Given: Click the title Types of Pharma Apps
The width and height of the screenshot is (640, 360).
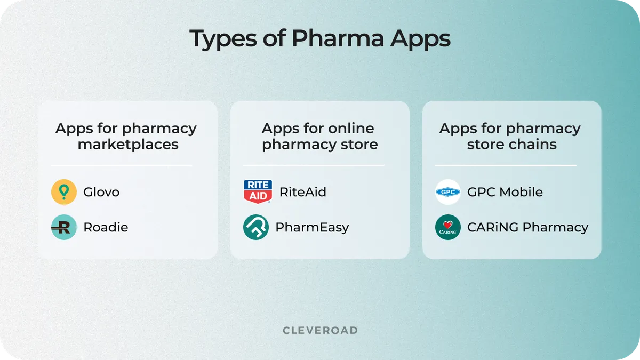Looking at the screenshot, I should click(320, 39).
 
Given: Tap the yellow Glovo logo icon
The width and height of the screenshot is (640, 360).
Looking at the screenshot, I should click(64, 192).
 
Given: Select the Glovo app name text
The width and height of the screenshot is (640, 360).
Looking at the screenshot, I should click(101, 192).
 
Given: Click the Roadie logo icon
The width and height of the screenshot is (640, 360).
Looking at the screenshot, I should click(64, 227).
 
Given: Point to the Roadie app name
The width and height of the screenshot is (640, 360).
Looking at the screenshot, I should click(106, 227).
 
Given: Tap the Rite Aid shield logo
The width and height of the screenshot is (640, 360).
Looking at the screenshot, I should click(258, 192).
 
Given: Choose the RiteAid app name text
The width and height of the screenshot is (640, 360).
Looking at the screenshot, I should click(302, 192).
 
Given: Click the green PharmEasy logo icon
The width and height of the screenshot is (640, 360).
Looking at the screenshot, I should click(256, 227).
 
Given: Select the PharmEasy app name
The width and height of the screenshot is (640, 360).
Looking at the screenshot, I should click(312, 227).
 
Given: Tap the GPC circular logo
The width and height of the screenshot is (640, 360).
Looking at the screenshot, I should click(448, 192).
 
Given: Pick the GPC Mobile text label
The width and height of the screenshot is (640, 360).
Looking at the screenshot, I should click(505, 192).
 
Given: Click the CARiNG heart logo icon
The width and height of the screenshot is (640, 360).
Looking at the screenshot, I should click(448, 227).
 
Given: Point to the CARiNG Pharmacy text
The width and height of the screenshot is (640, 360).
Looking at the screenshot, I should click(527, 227).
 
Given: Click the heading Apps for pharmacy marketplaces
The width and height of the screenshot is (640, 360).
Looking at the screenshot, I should click(126, 136).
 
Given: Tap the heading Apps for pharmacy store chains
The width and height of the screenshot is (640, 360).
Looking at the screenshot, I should click(511, 136).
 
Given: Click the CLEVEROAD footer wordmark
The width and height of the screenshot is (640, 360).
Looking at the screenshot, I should click(320, 331).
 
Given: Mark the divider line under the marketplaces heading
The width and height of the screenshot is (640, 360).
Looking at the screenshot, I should click(122, 165).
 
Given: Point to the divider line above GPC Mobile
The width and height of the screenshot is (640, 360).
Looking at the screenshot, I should click(506, 165).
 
